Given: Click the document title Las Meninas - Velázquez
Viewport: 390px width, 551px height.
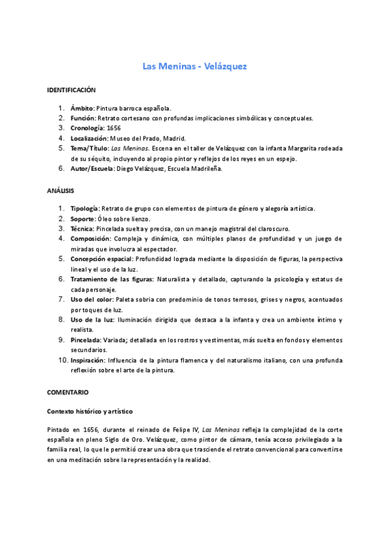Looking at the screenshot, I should pos(194,66).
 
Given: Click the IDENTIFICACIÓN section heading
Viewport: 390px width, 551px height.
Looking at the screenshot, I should pos(71,90).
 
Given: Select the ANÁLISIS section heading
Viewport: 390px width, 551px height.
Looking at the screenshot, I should pos(61,191).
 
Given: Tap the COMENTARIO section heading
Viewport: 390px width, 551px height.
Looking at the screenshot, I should pos(68,393).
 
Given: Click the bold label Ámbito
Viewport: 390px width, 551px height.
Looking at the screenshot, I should pos(82,109).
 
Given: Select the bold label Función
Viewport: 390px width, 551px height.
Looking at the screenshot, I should pos(83,118).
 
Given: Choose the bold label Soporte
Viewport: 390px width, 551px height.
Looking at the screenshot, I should pos(83,219).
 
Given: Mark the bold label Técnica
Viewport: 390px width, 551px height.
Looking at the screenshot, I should pos(82,229).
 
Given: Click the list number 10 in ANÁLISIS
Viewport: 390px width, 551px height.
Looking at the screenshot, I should pos(62,360).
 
